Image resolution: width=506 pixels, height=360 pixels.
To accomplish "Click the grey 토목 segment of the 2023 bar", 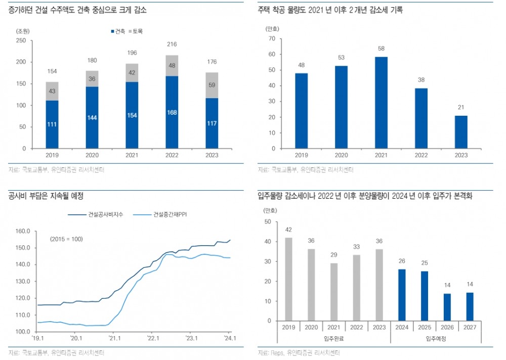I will click(x=212, y=85).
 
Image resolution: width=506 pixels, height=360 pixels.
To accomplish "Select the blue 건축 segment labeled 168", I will click(x=172, y=112).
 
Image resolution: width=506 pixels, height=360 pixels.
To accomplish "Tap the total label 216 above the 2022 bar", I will click(x=172, y=44).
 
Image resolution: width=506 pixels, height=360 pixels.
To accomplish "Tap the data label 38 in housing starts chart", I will click(x=421, y=79).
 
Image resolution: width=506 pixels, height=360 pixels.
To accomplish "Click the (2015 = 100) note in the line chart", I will click(x=66, y=239).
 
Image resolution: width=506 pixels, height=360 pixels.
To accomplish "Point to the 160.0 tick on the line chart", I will click(x=22, y=231).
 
